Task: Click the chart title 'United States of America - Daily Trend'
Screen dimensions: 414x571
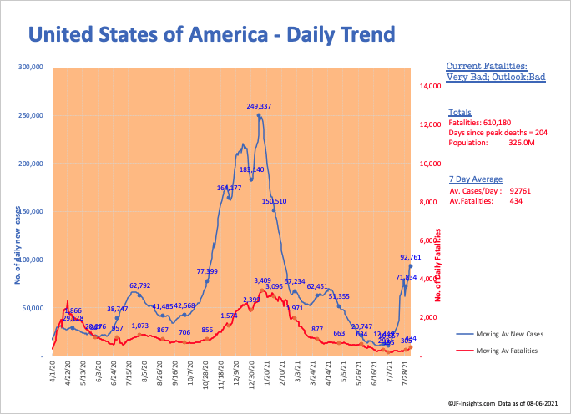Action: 211,34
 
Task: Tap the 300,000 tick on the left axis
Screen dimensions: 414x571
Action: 31,67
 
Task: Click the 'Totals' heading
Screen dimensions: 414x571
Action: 460,111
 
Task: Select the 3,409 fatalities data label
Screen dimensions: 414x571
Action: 262,280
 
